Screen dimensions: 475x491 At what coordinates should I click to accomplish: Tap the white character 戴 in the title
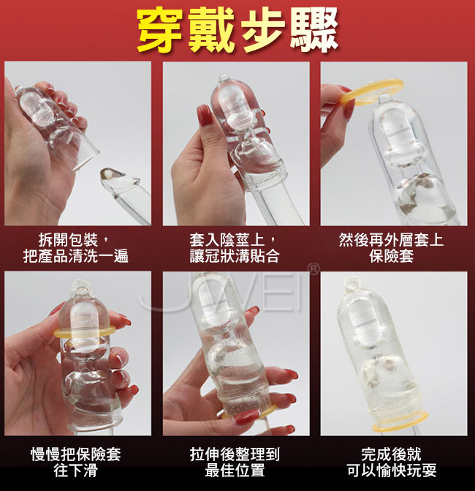click(212, 31)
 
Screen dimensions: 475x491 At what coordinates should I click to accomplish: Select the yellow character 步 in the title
click(263, 31)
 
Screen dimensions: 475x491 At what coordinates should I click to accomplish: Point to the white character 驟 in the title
click(314, 31)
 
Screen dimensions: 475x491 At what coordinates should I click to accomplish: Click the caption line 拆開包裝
click(68, 241)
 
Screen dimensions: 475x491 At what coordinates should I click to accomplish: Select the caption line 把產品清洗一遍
click(76, 256)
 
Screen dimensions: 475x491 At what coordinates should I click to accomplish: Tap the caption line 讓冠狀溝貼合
click(235, 256)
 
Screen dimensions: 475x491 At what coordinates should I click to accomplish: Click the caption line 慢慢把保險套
click(76, 454)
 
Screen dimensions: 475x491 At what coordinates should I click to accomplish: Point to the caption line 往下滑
click(76, 471)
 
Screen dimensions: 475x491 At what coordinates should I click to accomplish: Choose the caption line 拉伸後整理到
click(235, 454)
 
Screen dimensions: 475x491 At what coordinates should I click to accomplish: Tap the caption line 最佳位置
click(235, 471)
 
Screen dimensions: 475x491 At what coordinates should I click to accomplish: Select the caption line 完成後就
click(392, 454)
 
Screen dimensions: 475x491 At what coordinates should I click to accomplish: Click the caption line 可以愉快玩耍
click(392, 471)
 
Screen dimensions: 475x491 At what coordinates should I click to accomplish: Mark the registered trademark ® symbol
click(313, 269)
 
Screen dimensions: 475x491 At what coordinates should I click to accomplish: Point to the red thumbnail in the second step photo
click(205, 115)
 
